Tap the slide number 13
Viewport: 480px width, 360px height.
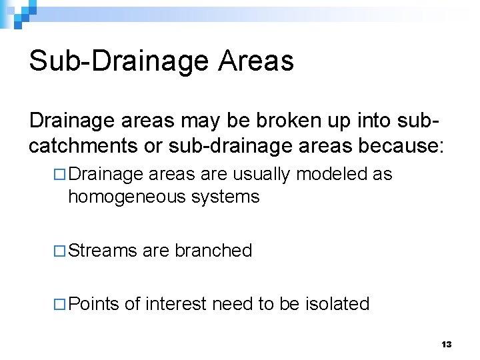447,345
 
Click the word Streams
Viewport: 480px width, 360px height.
103,251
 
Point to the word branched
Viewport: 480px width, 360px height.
213,251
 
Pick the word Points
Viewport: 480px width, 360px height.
93,304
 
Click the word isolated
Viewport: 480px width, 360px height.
337,304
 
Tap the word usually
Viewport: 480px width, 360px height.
263,175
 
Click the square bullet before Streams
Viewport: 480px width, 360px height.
59,251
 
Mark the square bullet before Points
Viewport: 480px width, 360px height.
59,305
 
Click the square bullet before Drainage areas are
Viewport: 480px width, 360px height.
59,175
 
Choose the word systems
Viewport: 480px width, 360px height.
225,197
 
